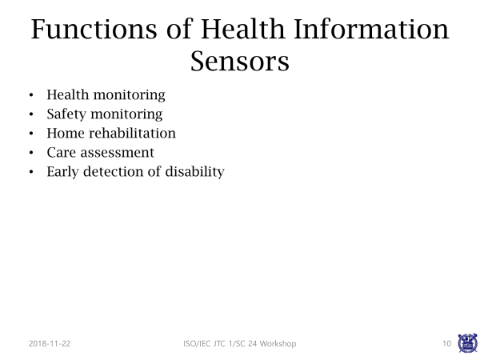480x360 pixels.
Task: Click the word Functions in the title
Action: [x=94, y=29]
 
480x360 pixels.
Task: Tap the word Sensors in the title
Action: [x=240, y=62]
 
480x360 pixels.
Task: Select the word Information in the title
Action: [x=371, y=29]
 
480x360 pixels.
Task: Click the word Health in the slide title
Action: [x=242, y=29]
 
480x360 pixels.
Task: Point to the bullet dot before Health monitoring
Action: [x=31, y=95]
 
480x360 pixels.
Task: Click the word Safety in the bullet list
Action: [x=66, y=114]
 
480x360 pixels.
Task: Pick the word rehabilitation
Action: [x=132, y=133]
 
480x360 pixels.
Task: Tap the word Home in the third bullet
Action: [x=66, y=133]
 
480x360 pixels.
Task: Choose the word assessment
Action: [x=118, y=153]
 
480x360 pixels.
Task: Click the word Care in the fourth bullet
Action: [x=62, y=153]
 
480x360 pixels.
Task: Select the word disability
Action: [x=194, y=172]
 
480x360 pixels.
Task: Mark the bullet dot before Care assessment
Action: [x=31, y=153]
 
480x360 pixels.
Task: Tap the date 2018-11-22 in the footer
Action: [x=50, y=343]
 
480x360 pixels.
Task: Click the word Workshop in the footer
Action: [x=278, y=343]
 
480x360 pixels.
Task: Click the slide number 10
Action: [x=447, y=343]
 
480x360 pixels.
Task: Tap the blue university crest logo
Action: [x=467, y=343]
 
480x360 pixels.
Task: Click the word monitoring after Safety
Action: [x=126, y=114]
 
